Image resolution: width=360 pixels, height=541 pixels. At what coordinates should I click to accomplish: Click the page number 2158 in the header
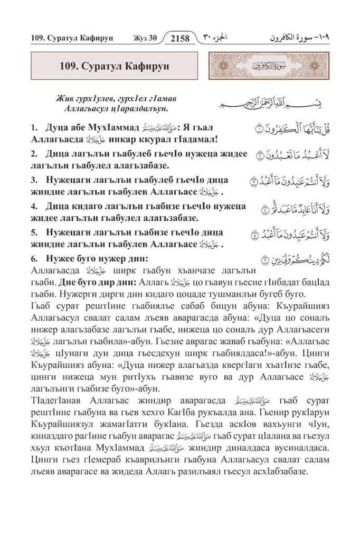[x=179, y=38]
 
